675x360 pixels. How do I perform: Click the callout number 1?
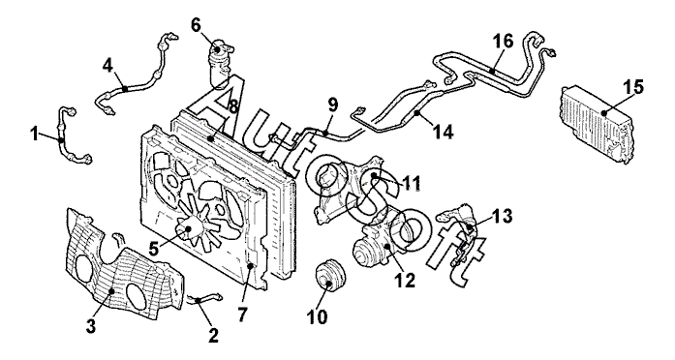click(35, 135)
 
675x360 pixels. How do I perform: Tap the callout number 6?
click(196, 26)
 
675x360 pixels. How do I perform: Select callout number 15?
click(635, 87)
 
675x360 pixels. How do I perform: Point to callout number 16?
click(504, 42)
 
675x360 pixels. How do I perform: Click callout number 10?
click(317, 317)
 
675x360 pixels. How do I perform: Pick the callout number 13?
click(504, 216)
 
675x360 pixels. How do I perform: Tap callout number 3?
click(90, 326)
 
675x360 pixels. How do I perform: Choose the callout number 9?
click(333, 105)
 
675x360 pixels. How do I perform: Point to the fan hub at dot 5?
click(188, 229)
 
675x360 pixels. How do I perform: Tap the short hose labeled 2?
click(205, 298)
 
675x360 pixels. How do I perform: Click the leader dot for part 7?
click(250, 266)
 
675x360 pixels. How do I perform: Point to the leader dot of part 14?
click(416, 113)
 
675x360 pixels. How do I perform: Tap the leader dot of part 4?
click(124, 89)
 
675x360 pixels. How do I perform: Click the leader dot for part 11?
click(374, 175)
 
